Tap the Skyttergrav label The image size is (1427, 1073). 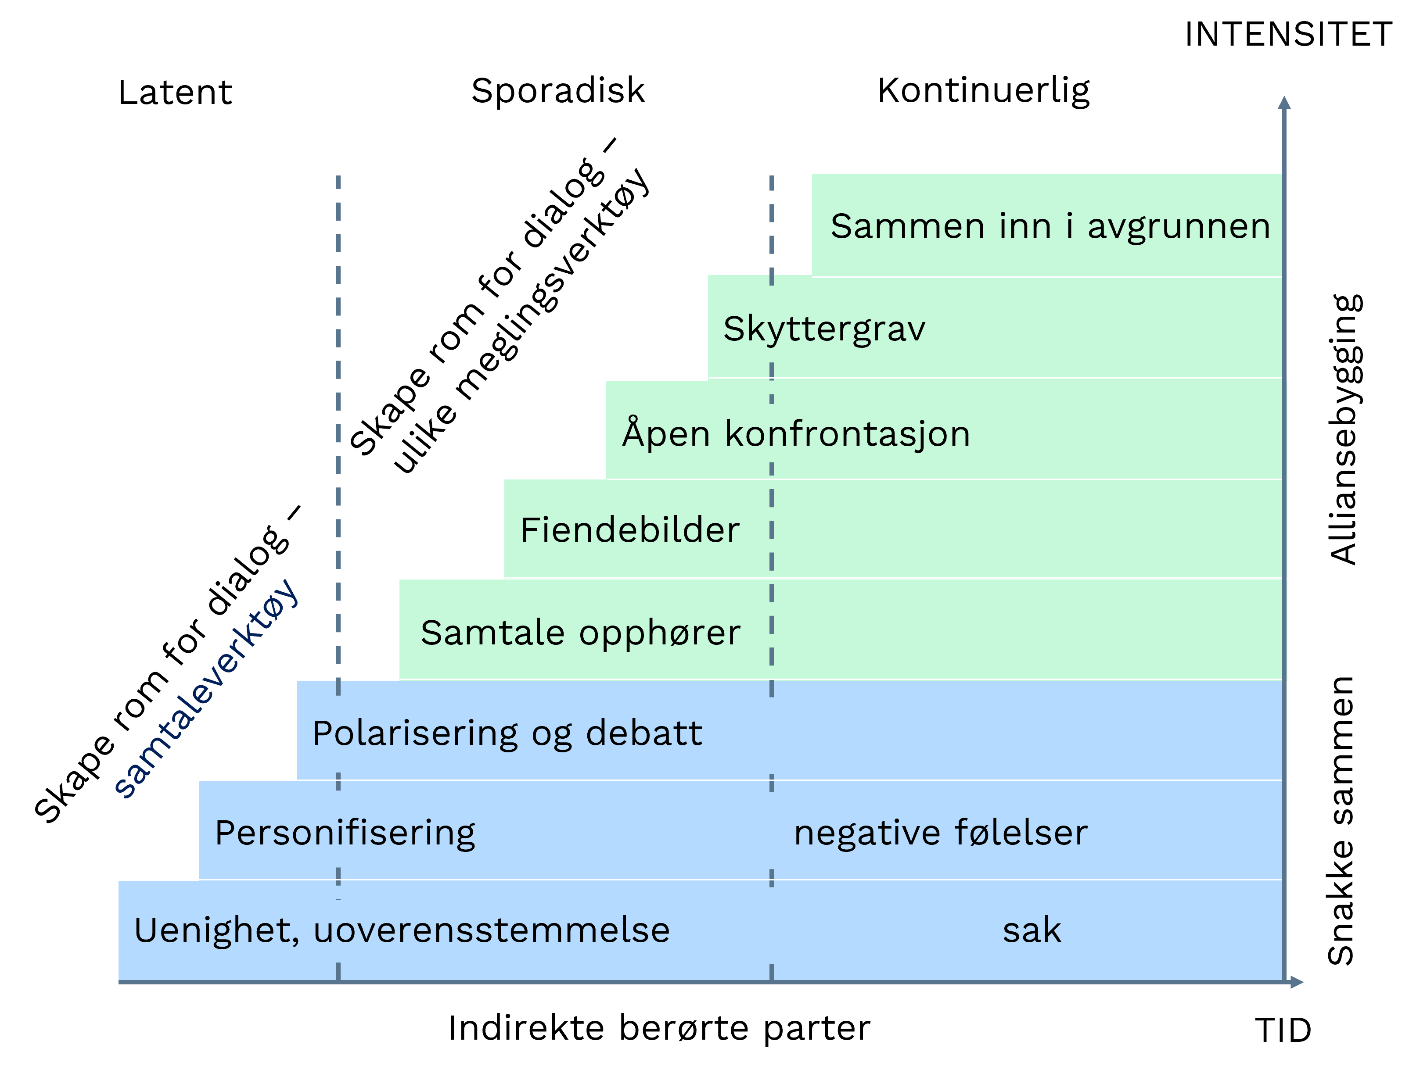824,329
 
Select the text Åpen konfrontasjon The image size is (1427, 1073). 795,433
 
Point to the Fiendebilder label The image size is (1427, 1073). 629,531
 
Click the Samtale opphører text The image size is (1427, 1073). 580,633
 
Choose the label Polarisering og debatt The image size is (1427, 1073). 507,734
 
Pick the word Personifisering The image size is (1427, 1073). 345,833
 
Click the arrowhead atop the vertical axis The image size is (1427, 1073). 1284,103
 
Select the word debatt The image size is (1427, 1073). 644,734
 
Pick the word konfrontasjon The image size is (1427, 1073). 847,433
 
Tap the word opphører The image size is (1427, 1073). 659,633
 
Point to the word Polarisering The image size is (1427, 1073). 415,734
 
